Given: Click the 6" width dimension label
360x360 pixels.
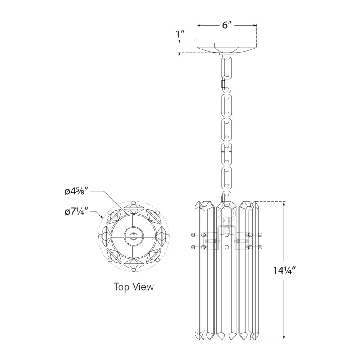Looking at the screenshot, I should click(227, 25).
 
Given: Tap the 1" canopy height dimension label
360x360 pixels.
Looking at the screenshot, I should click(180, 34).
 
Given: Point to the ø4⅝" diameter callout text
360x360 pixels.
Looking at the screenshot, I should click(79, 191).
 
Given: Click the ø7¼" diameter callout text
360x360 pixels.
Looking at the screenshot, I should click(76, 211).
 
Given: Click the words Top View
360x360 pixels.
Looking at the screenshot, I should click(133, 287).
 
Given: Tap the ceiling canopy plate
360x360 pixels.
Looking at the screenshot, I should click(227, 48).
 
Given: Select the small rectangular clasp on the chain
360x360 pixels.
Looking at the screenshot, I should click(224, 83).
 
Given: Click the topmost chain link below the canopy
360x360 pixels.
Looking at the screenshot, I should click(227, 67).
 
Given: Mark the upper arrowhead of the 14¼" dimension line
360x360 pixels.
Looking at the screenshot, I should click(284, 204).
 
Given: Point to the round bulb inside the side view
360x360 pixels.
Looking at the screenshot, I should click(227, 222).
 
